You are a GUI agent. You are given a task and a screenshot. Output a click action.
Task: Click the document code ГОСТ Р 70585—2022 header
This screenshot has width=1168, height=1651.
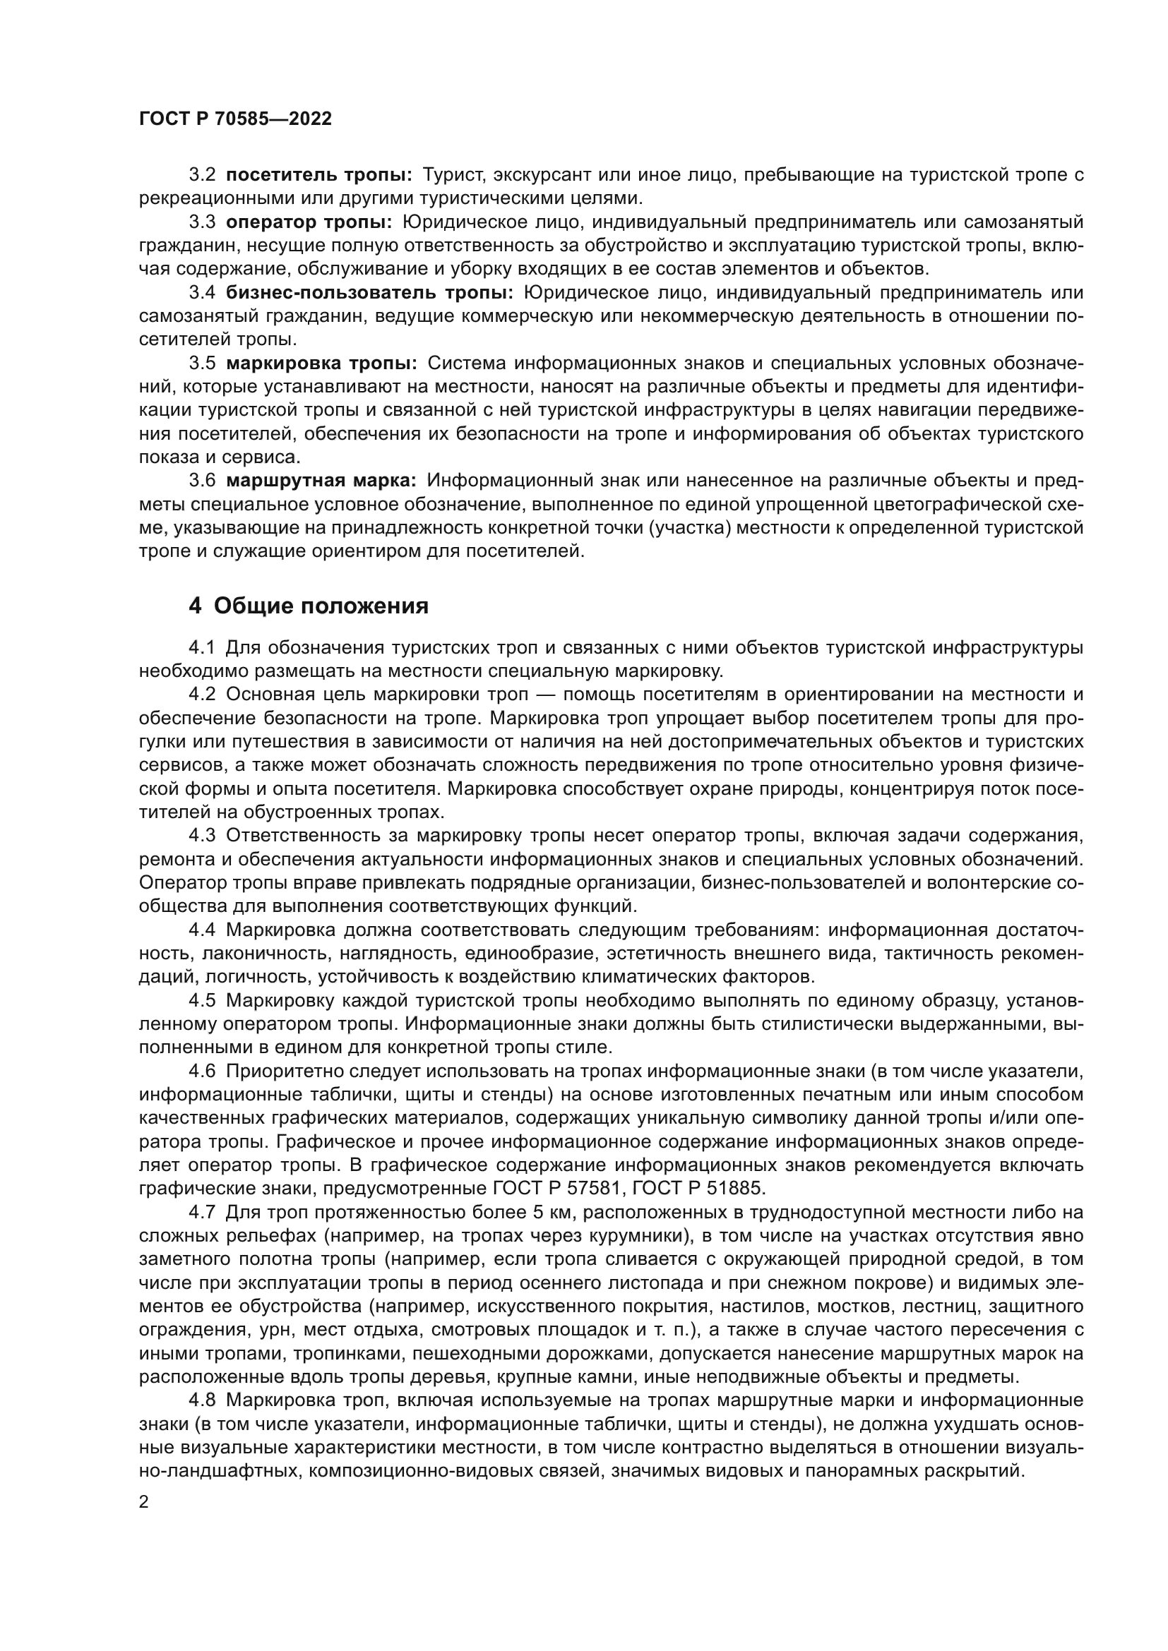click(x=235, y=119)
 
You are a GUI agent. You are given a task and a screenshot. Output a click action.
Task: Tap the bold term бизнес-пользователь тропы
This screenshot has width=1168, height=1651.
click(x=369, y=293)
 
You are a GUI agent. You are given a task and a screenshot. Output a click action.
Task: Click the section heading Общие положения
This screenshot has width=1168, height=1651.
click(x=321, y=606)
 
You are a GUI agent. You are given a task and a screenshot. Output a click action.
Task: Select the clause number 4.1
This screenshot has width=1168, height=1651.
click(x=202, y=648)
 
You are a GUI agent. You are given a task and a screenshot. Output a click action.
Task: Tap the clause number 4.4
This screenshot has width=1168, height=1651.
click(x=202, y=930)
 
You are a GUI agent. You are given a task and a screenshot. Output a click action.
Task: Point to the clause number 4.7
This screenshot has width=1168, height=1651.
click(x=202, y=1212)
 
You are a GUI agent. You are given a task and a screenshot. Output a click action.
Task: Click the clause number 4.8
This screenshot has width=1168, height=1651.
click(x=202, y=1400)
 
